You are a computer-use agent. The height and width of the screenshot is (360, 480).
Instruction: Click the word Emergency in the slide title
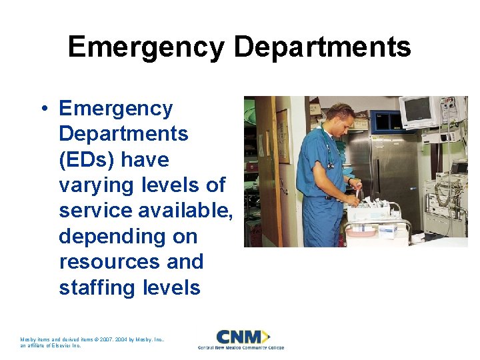click(146, 47)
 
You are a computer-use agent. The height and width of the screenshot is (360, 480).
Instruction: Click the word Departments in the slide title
click(322, 47)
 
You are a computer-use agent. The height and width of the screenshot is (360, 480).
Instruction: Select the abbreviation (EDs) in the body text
click(87, 160)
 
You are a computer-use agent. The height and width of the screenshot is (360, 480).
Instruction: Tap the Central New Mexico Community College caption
click(241, 348)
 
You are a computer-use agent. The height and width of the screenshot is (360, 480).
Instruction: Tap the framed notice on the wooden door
click(282, 127)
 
